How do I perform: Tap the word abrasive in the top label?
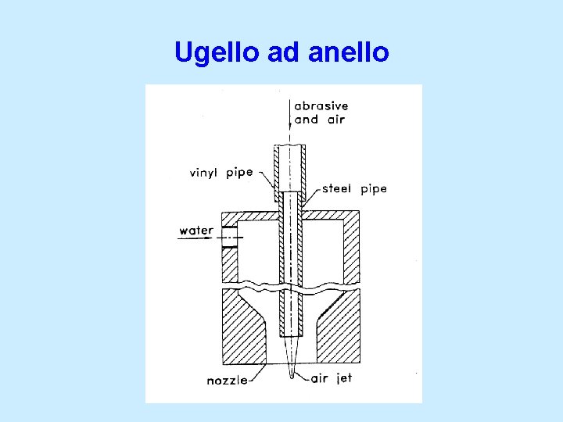click(321, 106)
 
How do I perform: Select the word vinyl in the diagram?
click(205, 173)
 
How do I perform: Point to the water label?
click(196, 231)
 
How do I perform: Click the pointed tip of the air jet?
click(291, 376)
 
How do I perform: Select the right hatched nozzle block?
click(338, 328)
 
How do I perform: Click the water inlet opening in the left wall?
click(229, 237)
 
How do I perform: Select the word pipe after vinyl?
click(239, 172)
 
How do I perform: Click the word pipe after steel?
click(374, 189)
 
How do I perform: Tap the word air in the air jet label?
click(320, 379)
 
